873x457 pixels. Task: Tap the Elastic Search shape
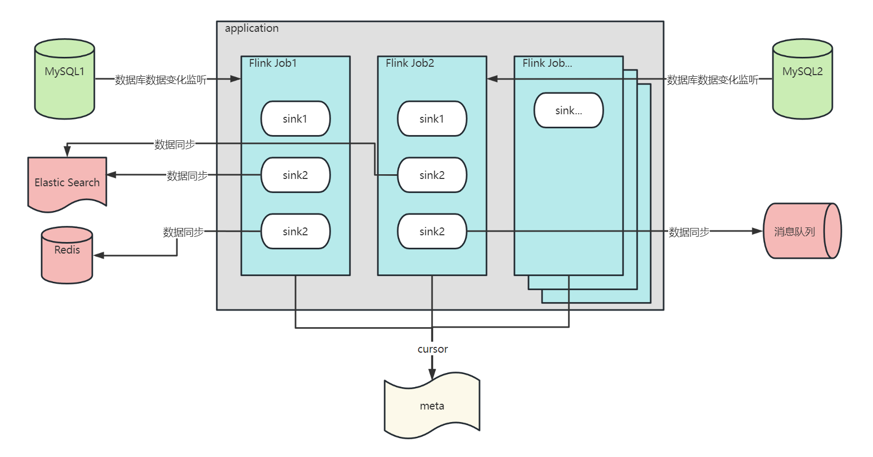67,183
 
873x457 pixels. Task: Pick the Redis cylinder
67,255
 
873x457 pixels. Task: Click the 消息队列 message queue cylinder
797,231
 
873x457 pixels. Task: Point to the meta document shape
432,405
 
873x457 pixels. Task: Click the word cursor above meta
433,349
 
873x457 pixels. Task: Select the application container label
252,28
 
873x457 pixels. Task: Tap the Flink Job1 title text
273,63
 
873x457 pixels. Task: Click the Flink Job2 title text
410,63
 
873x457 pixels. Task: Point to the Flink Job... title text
547,63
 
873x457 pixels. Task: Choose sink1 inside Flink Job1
296,119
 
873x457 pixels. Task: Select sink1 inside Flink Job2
432,119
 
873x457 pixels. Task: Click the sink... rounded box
569,111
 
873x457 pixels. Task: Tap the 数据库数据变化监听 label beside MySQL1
161,79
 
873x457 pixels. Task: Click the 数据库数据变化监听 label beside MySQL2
712,79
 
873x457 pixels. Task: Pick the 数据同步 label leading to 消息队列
689,232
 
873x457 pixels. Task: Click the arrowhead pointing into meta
432,374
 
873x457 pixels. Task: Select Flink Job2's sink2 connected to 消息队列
432,232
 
